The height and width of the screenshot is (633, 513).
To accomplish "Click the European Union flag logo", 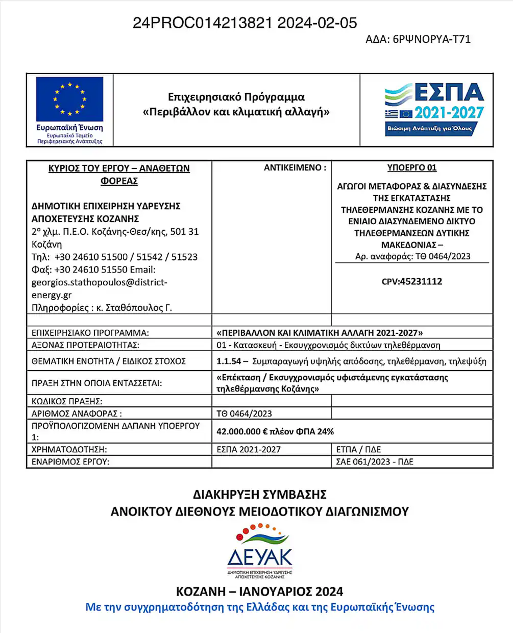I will [x=69, y=99].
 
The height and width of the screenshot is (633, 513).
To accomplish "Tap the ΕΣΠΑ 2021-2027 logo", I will [x=434, y=109].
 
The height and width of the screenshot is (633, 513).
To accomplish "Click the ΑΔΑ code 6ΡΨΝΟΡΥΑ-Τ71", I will [x=431, y=39].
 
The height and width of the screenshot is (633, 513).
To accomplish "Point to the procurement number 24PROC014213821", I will [x=202, y=23].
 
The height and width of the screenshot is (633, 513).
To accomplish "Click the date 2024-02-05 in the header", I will [x=317, y=23].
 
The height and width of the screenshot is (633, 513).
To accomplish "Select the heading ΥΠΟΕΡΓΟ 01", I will [x=411, y=167].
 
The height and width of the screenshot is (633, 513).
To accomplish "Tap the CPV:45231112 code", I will [x=411, y=281].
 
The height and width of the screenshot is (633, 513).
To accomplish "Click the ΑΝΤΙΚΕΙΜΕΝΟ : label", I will [x=295, y=167].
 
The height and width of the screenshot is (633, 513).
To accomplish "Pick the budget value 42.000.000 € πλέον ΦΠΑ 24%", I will [x=275, y=431].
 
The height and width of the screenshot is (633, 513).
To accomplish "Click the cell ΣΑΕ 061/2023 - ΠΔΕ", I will [x=374, y=461].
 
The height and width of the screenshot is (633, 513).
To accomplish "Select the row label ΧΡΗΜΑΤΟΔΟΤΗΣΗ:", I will [x=69, y=449].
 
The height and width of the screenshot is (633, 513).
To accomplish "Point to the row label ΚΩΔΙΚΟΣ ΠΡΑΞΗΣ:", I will [x=67, y=401].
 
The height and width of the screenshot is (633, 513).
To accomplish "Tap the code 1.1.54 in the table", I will [x=228, y=361].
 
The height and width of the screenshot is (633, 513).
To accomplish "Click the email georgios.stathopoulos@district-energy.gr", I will [x=99, y=288].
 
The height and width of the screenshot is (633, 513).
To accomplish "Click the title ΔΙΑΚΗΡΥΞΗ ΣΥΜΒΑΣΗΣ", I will [x=259, y=494].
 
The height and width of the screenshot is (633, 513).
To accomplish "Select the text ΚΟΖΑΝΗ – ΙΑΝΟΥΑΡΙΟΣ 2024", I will [x=259, y=591].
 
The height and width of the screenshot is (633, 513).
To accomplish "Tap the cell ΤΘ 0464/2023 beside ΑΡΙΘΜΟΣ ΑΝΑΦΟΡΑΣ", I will [x=244, y=413].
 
